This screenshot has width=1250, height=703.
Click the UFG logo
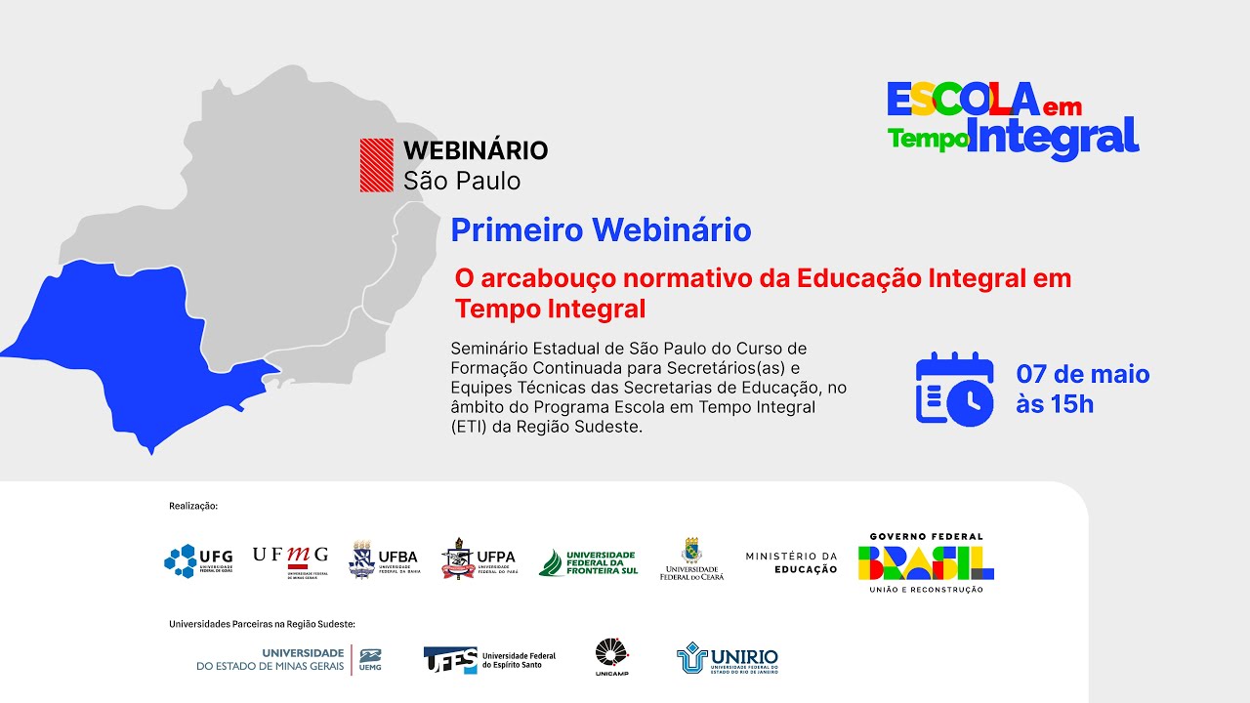(x=198, y=560)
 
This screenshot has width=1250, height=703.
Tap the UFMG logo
(x=290, y=560)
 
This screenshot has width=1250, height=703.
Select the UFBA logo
(x=383, y=560)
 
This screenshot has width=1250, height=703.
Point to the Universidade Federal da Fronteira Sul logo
(x=588, y=561)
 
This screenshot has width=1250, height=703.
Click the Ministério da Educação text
(x=791, y=562)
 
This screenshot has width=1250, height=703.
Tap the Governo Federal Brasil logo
(x=926, y=562)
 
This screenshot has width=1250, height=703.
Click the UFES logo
(x=489, y=659)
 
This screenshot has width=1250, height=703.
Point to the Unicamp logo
(x=612, y=657)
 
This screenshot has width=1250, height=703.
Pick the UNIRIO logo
(x=728, y=659)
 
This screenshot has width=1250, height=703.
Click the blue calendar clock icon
(x=954, y=389)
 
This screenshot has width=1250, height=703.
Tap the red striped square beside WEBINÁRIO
(x=376, y=164)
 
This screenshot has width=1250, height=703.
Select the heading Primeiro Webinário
(x=601, y=230)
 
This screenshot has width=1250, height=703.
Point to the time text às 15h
(x=1055, y=403)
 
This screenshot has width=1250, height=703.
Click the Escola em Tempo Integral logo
(x=1013, y=119)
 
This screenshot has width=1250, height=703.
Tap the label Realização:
(x=193, y=506)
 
